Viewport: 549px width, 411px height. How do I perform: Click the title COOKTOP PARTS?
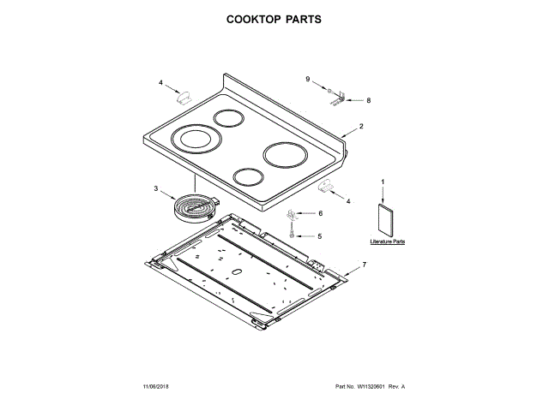coord(274,18)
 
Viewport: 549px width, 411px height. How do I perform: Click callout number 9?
coord(307,79)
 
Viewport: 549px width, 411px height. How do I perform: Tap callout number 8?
coord(368,100)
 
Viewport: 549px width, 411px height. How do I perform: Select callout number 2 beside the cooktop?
coord(361,127)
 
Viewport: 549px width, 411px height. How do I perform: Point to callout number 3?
coord(156,188)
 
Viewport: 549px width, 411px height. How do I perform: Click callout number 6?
coord(320,213)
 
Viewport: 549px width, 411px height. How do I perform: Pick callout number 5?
coord(319,235)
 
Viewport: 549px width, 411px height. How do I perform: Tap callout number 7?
coord(363,265)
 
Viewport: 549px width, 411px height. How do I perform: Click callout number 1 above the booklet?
coord(383,181)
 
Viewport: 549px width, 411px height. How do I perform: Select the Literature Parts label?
coord(387,242)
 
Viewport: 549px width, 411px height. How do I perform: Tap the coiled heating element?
coord(196,206)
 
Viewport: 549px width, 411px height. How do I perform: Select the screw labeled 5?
coord(293,233)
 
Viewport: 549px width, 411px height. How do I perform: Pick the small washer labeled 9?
coord(329,89)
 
